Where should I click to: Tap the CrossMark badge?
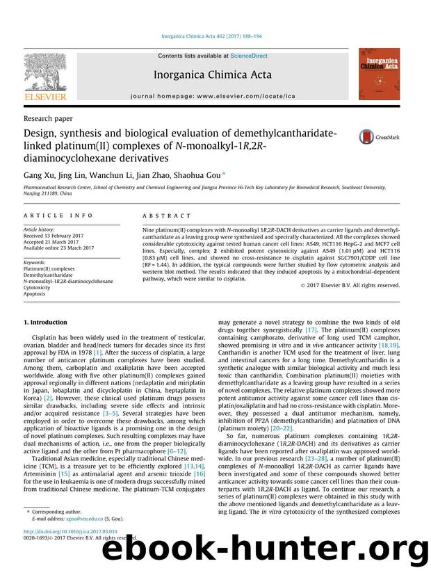tap(378, 138)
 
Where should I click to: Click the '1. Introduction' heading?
tap(47, 323)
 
